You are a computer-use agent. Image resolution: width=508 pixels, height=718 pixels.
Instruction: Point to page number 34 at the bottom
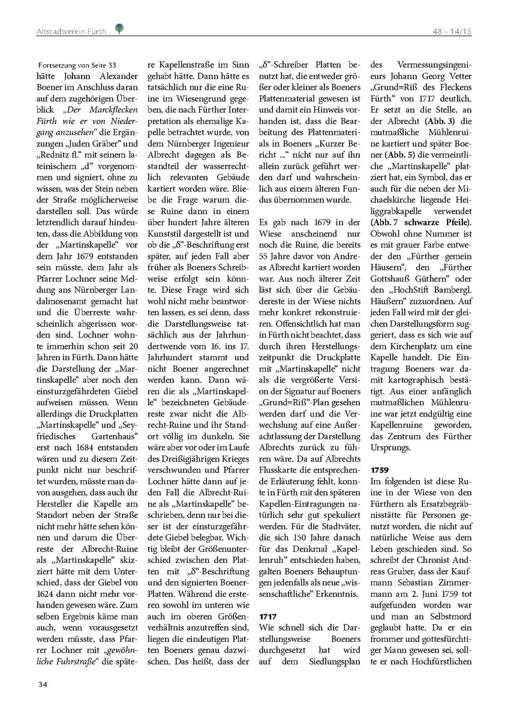coord(43,684)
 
